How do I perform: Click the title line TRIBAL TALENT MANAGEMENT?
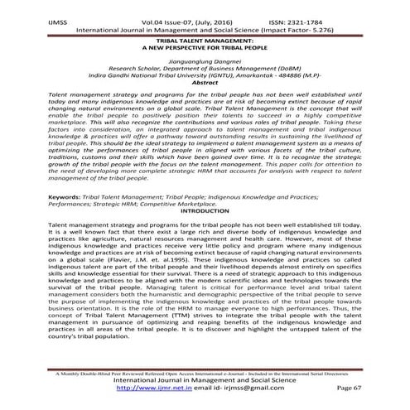point(204,39)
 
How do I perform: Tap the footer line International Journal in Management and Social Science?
point(204,379)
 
